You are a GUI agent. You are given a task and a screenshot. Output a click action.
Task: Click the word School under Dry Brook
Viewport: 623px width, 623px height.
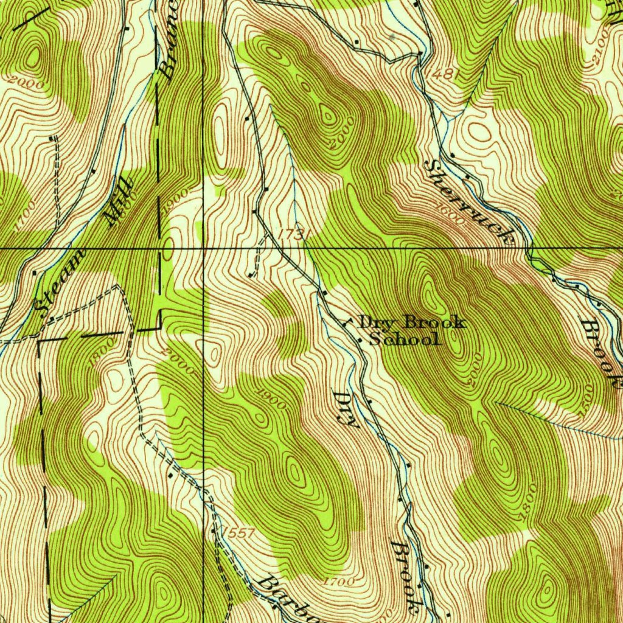(x=406, y=340)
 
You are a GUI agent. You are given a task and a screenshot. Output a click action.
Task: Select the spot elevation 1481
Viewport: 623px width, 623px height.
(x=442, y=74)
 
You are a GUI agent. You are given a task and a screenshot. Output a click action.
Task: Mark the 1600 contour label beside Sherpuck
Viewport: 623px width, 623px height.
(x=450, y=215)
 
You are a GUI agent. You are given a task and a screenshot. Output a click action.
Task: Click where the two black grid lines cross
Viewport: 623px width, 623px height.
(x=203, y=248)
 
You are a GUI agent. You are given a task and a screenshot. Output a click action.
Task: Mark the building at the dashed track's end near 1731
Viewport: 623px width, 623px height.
(x=251, y=275)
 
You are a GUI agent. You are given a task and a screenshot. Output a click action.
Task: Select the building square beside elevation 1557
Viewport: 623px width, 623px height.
(x=212, y=531)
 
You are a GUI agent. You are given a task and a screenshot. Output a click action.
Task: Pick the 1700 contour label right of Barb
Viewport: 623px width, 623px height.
(x=339, y=582)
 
